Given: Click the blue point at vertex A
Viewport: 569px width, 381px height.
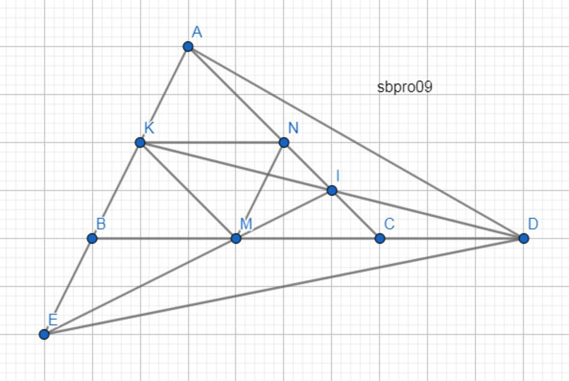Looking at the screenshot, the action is click(x=188, y=47).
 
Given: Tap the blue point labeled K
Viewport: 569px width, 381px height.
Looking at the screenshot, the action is click(x=140, y=142).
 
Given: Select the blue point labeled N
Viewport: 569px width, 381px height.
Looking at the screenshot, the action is click(x=284, y=142).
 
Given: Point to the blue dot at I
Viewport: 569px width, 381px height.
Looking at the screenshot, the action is click(x=332, y=190).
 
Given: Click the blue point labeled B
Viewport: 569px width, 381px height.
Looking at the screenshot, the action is click(x=92, y=238).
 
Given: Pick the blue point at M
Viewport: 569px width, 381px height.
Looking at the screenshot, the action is click(x=236, y=238).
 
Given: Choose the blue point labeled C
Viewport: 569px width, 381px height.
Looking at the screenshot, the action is click(x=380, y=238).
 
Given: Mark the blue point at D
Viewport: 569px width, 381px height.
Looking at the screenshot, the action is click(x=523, y=238).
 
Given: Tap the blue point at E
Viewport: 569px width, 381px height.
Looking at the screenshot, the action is click(x=44, y=334).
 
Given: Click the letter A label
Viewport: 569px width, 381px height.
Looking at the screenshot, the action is click(x=197, y=32).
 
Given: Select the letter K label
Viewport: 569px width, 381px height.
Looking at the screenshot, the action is click(x=149, y=128).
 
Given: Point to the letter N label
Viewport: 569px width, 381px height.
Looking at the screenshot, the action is click(x=293, y=128).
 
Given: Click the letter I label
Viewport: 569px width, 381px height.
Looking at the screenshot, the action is click(x=338, y=176).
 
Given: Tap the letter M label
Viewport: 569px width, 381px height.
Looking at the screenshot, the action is click(x=246, y=224).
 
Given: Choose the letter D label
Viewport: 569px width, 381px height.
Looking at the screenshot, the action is click(x=533, y=224).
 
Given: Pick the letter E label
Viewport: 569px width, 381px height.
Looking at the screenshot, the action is click(x=53, y=320).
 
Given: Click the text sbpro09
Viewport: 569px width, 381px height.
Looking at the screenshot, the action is click(x=405, y=87).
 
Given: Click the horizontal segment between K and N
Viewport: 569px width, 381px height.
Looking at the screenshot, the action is click(x=212, y=142).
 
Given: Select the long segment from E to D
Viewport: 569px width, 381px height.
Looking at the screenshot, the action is click(x=284, y=286).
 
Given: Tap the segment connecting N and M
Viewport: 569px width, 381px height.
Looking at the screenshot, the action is click(x=260, y=190).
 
